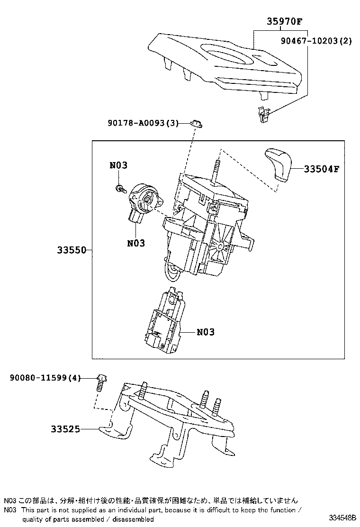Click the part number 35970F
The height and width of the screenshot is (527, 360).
[284, 21]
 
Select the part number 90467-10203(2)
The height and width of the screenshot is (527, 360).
[315, 41]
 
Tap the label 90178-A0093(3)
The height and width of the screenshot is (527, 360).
[142, 123]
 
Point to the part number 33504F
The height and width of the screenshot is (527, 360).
[322, 169]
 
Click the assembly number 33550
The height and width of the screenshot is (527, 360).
[72, 250]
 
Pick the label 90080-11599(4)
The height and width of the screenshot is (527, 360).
[45, 378]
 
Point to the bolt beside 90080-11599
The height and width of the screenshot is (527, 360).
[101, 381]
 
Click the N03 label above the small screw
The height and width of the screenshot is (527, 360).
[118, 165]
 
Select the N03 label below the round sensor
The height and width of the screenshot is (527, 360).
[136, 243]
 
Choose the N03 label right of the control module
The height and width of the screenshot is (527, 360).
[205, 332]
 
